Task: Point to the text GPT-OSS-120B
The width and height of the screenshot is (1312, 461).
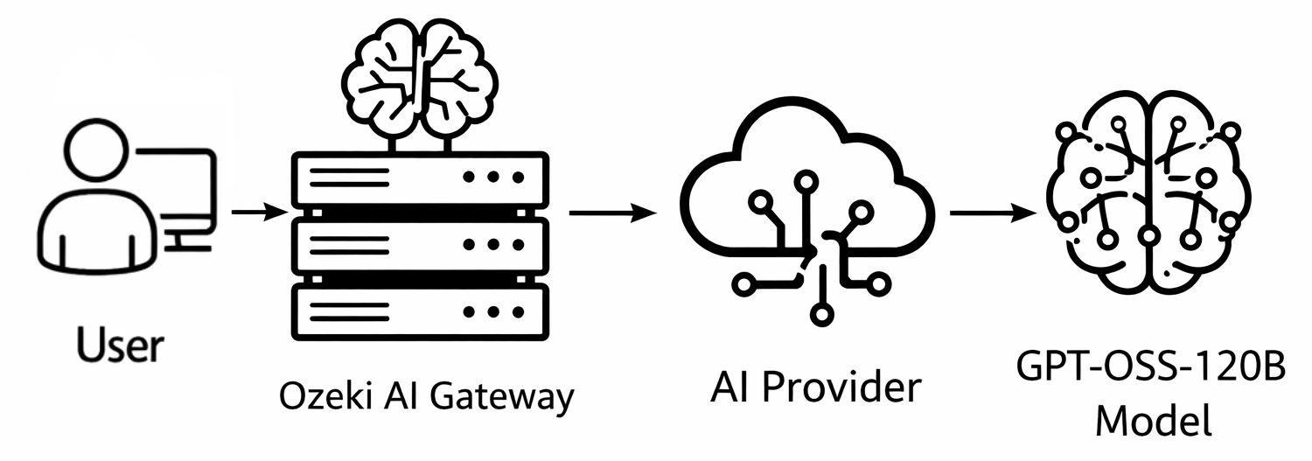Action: click(x=1152, y=367)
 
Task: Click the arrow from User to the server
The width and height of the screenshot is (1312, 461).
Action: click(x=259, y=213)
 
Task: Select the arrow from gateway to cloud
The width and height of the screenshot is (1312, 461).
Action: click(x=612, y=213)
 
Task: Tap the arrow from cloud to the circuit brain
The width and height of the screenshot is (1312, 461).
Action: click(x=994, y=213)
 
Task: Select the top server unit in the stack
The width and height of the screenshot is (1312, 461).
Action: click(x=420, y=178)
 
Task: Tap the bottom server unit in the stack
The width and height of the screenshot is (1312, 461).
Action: click(x=420, y=311)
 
